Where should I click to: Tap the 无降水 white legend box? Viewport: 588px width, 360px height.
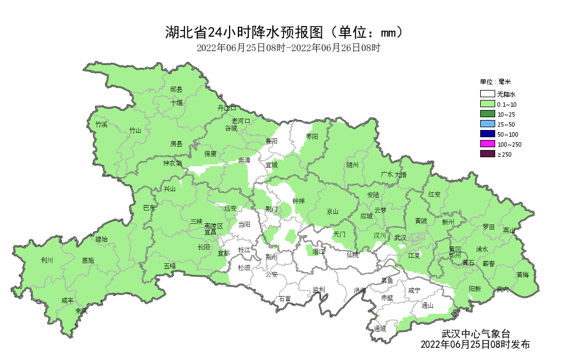click(x=487, y=94)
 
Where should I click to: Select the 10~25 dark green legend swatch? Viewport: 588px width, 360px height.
click(x=487, y=114)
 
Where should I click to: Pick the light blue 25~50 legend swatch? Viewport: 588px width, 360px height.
click(x=487, y=124)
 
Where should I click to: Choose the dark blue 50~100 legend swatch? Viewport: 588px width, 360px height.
click(x=487, y=134)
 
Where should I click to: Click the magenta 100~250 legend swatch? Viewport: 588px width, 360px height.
click(x=487, y=144)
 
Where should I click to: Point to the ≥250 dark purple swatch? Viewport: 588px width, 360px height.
click(x=487, y=154)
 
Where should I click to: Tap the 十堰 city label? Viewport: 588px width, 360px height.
click(x=176, y=102)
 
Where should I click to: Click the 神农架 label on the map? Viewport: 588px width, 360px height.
click(x=172, y=163)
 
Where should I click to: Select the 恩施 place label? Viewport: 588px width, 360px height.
click(x=88, y=260)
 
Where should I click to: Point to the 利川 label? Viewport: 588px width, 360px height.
click(x=47, y=260)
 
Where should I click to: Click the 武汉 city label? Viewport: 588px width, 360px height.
click(x=400, y=238)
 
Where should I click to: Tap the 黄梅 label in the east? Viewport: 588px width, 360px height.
click(x=522, y=274)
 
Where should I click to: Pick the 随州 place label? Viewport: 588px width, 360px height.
click(x=352, y=165)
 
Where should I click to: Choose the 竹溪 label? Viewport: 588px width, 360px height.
click(x=101, y=124)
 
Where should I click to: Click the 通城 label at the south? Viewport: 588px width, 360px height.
click(x=380, y=329)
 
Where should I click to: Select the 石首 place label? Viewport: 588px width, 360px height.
click(x=285, y=298)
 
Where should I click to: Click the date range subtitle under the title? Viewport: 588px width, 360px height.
click(x=288, y=48)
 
